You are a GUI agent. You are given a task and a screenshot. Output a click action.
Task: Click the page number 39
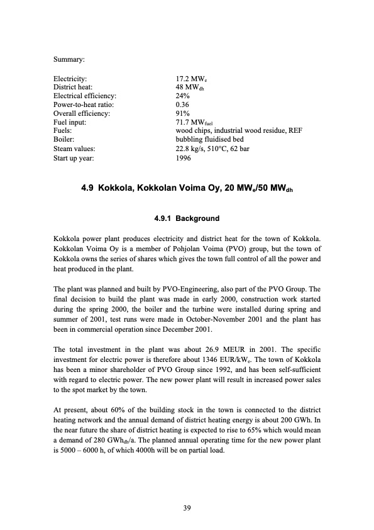click(187, 507)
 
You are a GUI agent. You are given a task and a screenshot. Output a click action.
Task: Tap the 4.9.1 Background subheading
click(187, 218)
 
